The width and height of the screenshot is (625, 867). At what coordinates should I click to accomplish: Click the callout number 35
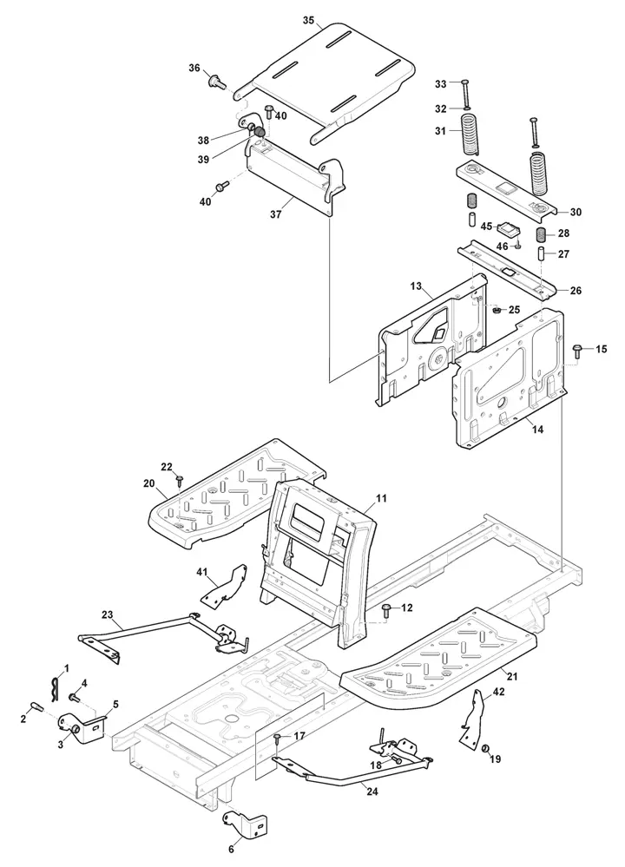tap(309, 21)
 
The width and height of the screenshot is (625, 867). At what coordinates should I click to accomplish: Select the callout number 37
tap(275, 213)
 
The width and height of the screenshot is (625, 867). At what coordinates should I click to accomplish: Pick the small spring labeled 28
tap(542, 234)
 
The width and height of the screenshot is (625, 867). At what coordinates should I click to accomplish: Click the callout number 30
tap(576, 212)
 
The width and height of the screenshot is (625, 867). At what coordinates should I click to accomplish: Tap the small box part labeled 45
tap(508, 227)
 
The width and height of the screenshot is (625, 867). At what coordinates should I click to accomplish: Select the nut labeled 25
tap(497, 311)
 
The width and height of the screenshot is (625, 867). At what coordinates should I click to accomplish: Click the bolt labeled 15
tap(578, 350)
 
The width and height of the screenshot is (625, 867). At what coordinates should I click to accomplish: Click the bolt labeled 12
tap(386, 610)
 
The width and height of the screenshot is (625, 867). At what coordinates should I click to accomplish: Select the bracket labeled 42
tap(472, 719)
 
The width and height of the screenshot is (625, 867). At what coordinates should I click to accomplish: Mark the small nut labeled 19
tap(484, 748)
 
